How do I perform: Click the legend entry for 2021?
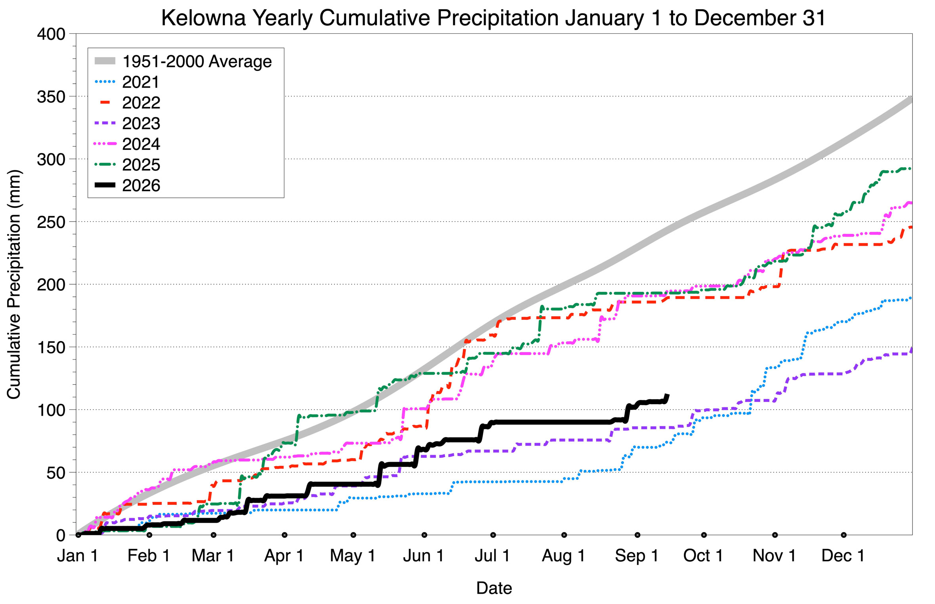pyautogui.click(x=141, y=82)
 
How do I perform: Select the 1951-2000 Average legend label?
pyautogui.click(x=197, y=61)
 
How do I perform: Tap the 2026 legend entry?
pyautogui.click(x=141, y=185)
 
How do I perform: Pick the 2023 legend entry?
pyautogui.click(x=141, y=123)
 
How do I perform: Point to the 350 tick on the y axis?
pyautogui.click(x=51, y=97)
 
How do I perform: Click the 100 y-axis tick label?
pyautogui.click(x=51, y=410)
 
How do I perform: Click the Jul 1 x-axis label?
pyautogui.click(x=492, y=556)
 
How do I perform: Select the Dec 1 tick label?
pyautogui.click(x=843, y=556)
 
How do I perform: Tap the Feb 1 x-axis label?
pyautogui.click(x=149, y=556)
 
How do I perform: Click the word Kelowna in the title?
pyautogui.click(x=204, y=18)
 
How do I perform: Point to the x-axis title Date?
pyautogui.click(x=494, y=588)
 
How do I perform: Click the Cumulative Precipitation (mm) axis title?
pyautogui.click(x=14, y=284)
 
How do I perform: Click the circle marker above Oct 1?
pyautogui.click(x=704, y=535)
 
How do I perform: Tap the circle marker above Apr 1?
pyautogui.click(x=284, y=535)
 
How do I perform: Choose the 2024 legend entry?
pyautogui.click(x=141, y=144)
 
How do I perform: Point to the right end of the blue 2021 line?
pyautogui.click(x=911, y=298)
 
